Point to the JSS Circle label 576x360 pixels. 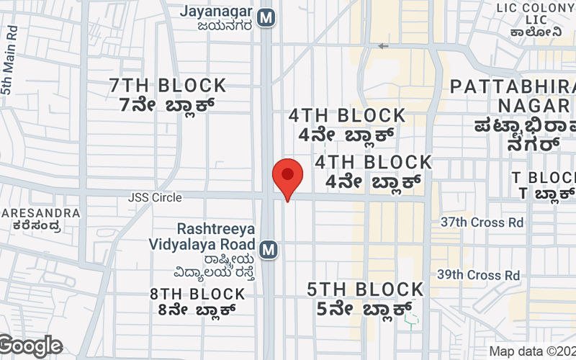tap(155, 197)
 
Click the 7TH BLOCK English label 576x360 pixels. tap(168, 86)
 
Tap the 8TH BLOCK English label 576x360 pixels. tap(197, 294)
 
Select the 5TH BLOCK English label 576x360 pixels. tap(365, 289)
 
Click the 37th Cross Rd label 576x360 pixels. tap(482, 222)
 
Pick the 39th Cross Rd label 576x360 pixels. tap(479, 275)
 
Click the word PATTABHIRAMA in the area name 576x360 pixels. tap(512, 87)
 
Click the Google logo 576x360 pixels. tap(31, 346)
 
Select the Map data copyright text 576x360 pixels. tap(532, 351)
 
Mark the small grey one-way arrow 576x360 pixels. tap(383, 46)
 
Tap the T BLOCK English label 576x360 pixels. tap(544, 177)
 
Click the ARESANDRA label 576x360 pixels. tap(41, 213)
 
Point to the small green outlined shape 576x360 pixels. tap(410, 318)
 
